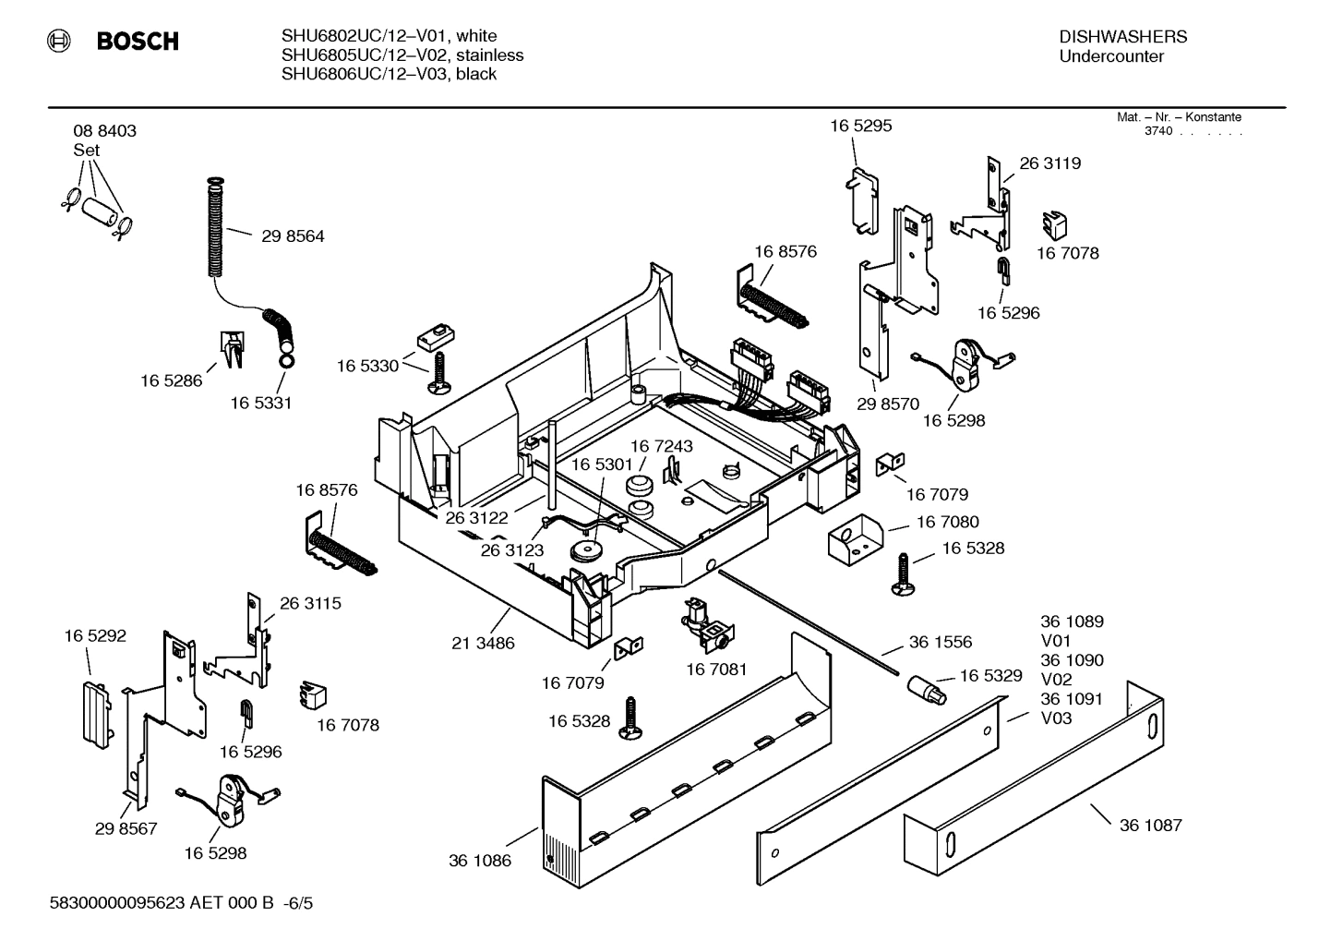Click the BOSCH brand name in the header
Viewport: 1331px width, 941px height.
click(x=137, y=42)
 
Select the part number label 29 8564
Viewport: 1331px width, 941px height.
click(x=293, y=236)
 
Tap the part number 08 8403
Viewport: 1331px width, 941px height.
click(x=104, y=131)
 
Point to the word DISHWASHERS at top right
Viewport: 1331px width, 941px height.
click(x=1122, y=37)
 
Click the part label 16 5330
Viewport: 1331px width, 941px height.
click(x=367, y=367)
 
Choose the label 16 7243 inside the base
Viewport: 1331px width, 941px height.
click(x=661, y=446)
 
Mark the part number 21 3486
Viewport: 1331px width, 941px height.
click(x=483, y=643)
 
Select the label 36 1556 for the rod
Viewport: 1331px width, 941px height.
click(x=940, y=642)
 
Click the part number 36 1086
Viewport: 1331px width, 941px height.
click(x=480, y=861)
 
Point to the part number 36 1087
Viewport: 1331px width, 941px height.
click(x=1150, y=826)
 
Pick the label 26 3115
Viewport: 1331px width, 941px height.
click(x=310, y=603)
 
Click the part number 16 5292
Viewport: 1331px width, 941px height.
click(x=95, y=636)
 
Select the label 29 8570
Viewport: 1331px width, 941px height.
click(x=888, y=404)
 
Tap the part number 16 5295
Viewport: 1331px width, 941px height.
click(x=860, y=126)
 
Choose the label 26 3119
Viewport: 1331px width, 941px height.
click(x=1049, y=163)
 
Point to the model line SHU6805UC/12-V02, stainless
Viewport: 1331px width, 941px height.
click(x=402, y=55)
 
